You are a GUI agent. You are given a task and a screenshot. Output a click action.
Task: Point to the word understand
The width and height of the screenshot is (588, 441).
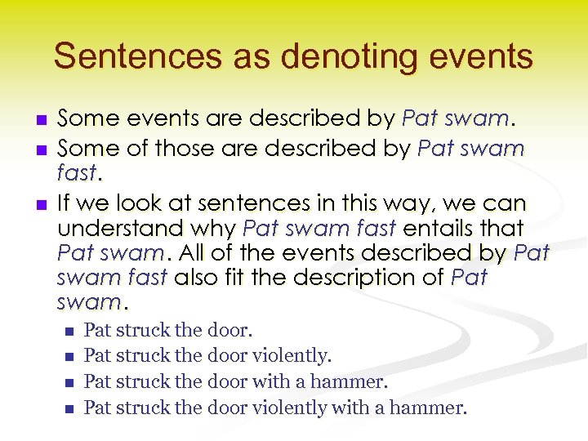click(x=122, y=228)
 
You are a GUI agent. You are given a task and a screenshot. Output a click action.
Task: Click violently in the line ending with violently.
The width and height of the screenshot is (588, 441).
click(x=292, y=356)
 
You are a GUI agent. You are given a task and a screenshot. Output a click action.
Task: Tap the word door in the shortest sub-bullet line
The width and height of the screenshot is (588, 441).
click(x=230, y=331)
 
